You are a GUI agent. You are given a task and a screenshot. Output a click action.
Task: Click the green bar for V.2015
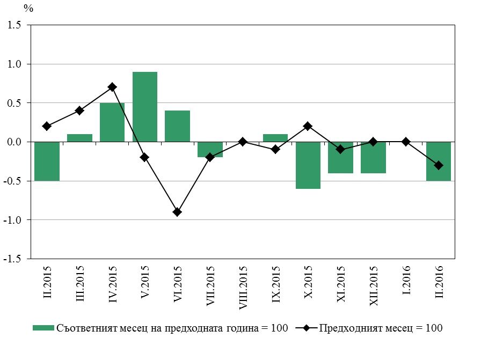(x=145, y=107)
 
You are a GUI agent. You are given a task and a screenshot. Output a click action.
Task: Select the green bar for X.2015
(x=308, y=165)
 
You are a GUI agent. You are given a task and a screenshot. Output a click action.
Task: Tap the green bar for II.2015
(x=47, y=161)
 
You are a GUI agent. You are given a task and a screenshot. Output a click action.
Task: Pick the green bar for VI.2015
(x=177, y=126)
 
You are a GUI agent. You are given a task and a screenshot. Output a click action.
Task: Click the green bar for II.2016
(x=439, y=161)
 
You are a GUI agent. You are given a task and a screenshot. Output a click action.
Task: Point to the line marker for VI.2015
(x=177, y=212)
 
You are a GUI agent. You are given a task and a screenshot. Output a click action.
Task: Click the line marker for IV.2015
(x=112, y=87)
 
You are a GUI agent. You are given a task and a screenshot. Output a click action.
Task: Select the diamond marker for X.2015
(x=308, y=126)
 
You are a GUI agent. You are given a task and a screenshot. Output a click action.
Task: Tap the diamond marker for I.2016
(x=406, y=142)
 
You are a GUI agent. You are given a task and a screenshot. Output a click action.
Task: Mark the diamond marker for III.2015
(x=79, y=111)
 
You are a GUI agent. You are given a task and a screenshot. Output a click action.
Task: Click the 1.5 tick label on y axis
(x=14, y=25)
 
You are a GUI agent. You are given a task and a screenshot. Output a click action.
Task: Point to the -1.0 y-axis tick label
(x=13, y=219)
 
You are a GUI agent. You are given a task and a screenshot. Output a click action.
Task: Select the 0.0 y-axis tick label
(x=14, y=142)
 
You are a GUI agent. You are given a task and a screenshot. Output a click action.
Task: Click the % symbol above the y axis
(x=28, y=9)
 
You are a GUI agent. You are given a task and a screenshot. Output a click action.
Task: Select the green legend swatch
(x=43, y=328)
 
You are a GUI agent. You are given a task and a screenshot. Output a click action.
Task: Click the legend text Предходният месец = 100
(x=381, y=328)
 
